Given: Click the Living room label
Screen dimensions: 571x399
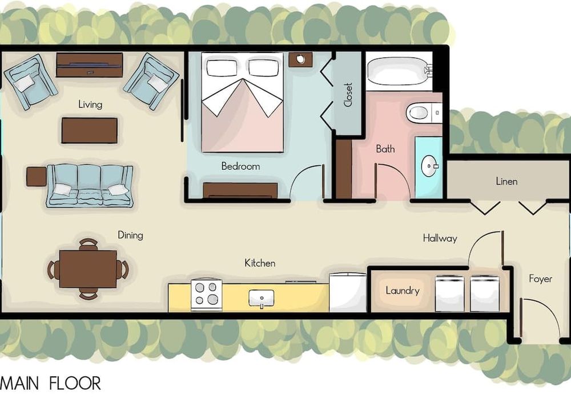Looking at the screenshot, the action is tap(90, 105).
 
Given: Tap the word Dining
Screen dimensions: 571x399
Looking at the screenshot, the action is tap(130, 235).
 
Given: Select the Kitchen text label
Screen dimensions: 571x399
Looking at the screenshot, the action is tap(260, 263).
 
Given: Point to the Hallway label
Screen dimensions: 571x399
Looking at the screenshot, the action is tap(440, 238).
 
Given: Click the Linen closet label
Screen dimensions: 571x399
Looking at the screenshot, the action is tap(506, 181).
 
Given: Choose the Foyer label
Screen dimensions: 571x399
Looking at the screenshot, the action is tap(540, 279).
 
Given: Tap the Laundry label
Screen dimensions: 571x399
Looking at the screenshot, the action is tap(403, 291).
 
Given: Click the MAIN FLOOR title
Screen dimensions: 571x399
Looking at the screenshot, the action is tap(51, 384).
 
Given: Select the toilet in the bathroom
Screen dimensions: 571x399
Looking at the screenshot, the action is tap(424, 113).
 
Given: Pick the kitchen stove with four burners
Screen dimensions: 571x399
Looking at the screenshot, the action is tap(207, 294).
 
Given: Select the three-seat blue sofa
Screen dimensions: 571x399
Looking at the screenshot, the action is tap(89, 186).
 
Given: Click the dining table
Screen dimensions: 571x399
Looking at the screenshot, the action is tap(88, 268).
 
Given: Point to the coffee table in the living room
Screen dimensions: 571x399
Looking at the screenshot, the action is tap(90, 130).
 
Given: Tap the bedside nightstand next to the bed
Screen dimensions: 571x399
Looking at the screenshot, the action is tap(300, 60).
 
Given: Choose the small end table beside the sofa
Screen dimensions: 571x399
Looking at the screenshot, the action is tap(37, 176).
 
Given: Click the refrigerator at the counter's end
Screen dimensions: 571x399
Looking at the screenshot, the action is tap(348, 293).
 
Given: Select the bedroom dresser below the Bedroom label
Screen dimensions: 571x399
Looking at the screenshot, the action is tap(240, 190).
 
